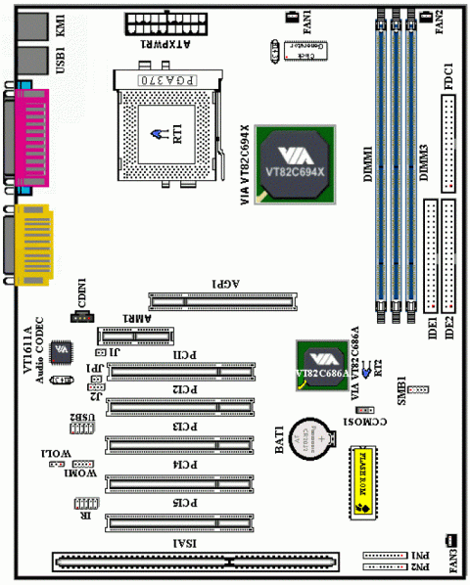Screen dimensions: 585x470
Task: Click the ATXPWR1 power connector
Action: click(x=163, y=24)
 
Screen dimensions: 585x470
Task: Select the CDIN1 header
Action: click(x=84, y=316)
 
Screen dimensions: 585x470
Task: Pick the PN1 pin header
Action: click(x=384, y=553)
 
